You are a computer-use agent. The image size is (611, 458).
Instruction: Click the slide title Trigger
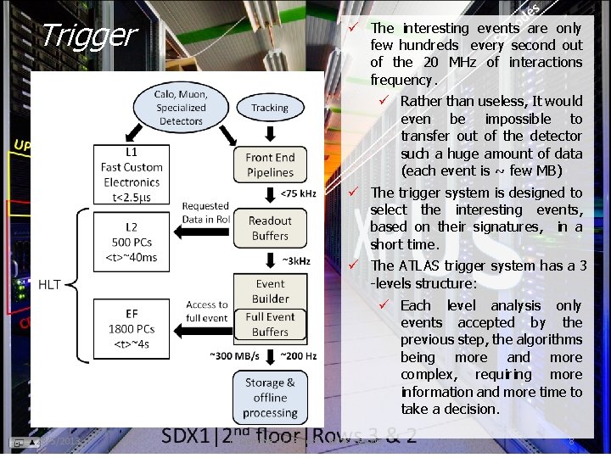click(x=87, y=36)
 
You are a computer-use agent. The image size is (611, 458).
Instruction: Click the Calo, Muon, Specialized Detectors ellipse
click(x=181, y=108)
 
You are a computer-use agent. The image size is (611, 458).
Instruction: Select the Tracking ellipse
click(x=270, y=108)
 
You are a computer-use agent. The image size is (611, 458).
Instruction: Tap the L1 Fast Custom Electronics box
click(x=132, y=175)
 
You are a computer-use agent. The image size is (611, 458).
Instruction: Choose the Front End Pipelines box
click(x=270, y=165)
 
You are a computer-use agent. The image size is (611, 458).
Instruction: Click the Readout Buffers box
click(x=270, y=228)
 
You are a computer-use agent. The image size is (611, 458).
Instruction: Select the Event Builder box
click(x=270, y=291)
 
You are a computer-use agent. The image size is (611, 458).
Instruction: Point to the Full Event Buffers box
click(x=270, y=325)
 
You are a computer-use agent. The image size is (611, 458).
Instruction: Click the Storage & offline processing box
click(x=270, y=397)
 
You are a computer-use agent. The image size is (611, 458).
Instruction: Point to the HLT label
click(x=49, y=285)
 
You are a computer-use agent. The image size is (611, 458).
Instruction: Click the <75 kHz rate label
click(x=297, y=196)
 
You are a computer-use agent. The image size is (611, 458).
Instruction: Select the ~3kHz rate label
click(x=297, y=260)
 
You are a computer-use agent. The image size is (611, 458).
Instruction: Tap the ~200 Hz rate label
click(x=298, y=355)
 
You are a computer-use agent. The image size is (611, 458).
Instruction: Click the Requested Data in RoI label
click(x=205, y=212)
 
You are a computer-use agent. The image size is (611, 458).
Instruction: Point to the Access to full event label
click(x=206, y=310)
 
